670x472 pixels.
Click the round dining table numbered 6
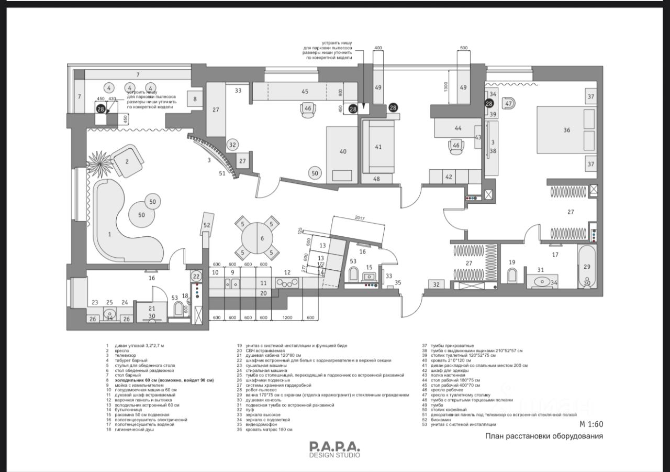point(262,238)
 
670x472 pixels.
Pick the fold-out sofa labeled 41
point(378,147)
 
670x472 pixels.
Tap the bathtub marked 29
point(586,267)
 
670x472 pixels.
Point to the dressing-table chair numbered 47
point(508,103)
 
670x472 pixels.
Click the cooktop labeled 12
point(287,282)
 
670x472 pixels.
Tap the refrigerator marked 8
point(194,98)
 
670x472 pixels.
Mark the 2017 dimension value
point(360,217)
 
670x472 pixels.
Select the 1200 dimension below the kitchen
point(287,317)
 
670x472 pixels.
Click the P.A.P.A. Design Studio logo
point(334,449)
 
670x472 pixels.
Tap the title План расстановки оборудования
point(544,436)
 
